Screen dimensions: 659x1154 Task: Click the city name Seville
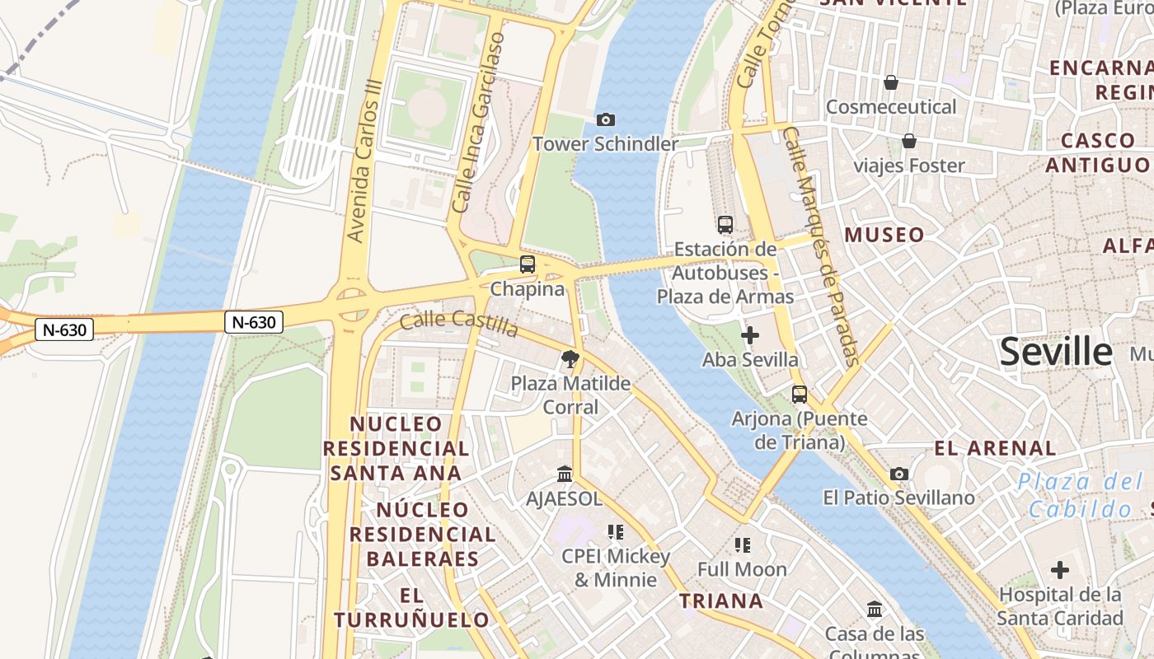coord(1056,352)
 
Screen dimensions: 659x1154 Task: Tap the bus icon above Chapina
coord(528,264)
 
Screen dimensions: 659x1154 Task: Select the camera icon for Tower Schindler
coord(606,120)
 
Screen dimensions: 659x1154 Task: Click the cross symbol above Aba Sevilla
coord(750,335)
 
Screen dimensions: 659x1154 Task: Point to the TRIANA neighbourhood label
coord(721,601)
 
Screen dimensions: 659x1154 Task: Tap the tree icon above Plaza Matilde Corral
coord(570,359)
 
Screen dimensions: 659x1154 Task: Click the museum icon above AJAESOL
coord(565,474)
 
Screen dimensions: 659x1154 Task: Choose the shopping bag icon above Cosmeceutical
coord(891,82)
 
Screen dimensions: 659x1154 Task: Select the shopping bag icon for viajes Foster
coord(909,141)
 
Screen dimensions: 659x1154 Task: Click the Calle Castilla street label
coord(459,323)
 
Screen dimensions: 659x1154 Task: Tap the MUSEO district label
coord(884,236)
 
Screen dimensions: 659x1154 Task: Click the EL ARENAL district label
coord(995,449)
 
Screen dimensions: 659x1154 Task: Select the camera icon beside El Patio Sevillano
coord(899,474)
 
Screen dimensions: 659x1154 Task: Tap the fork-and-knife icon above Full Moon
coord(743,544)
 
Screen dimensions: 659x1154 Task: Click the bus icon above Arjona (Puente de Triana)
coord(800,394)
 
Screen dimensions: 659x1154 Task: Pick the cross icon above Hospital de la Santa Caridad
coord(1060,569)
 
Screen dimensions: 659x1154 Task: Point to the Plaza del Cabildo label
coord(1081,494)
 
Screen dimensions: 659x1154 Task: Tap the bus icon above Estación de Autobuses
coord(725,224)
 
